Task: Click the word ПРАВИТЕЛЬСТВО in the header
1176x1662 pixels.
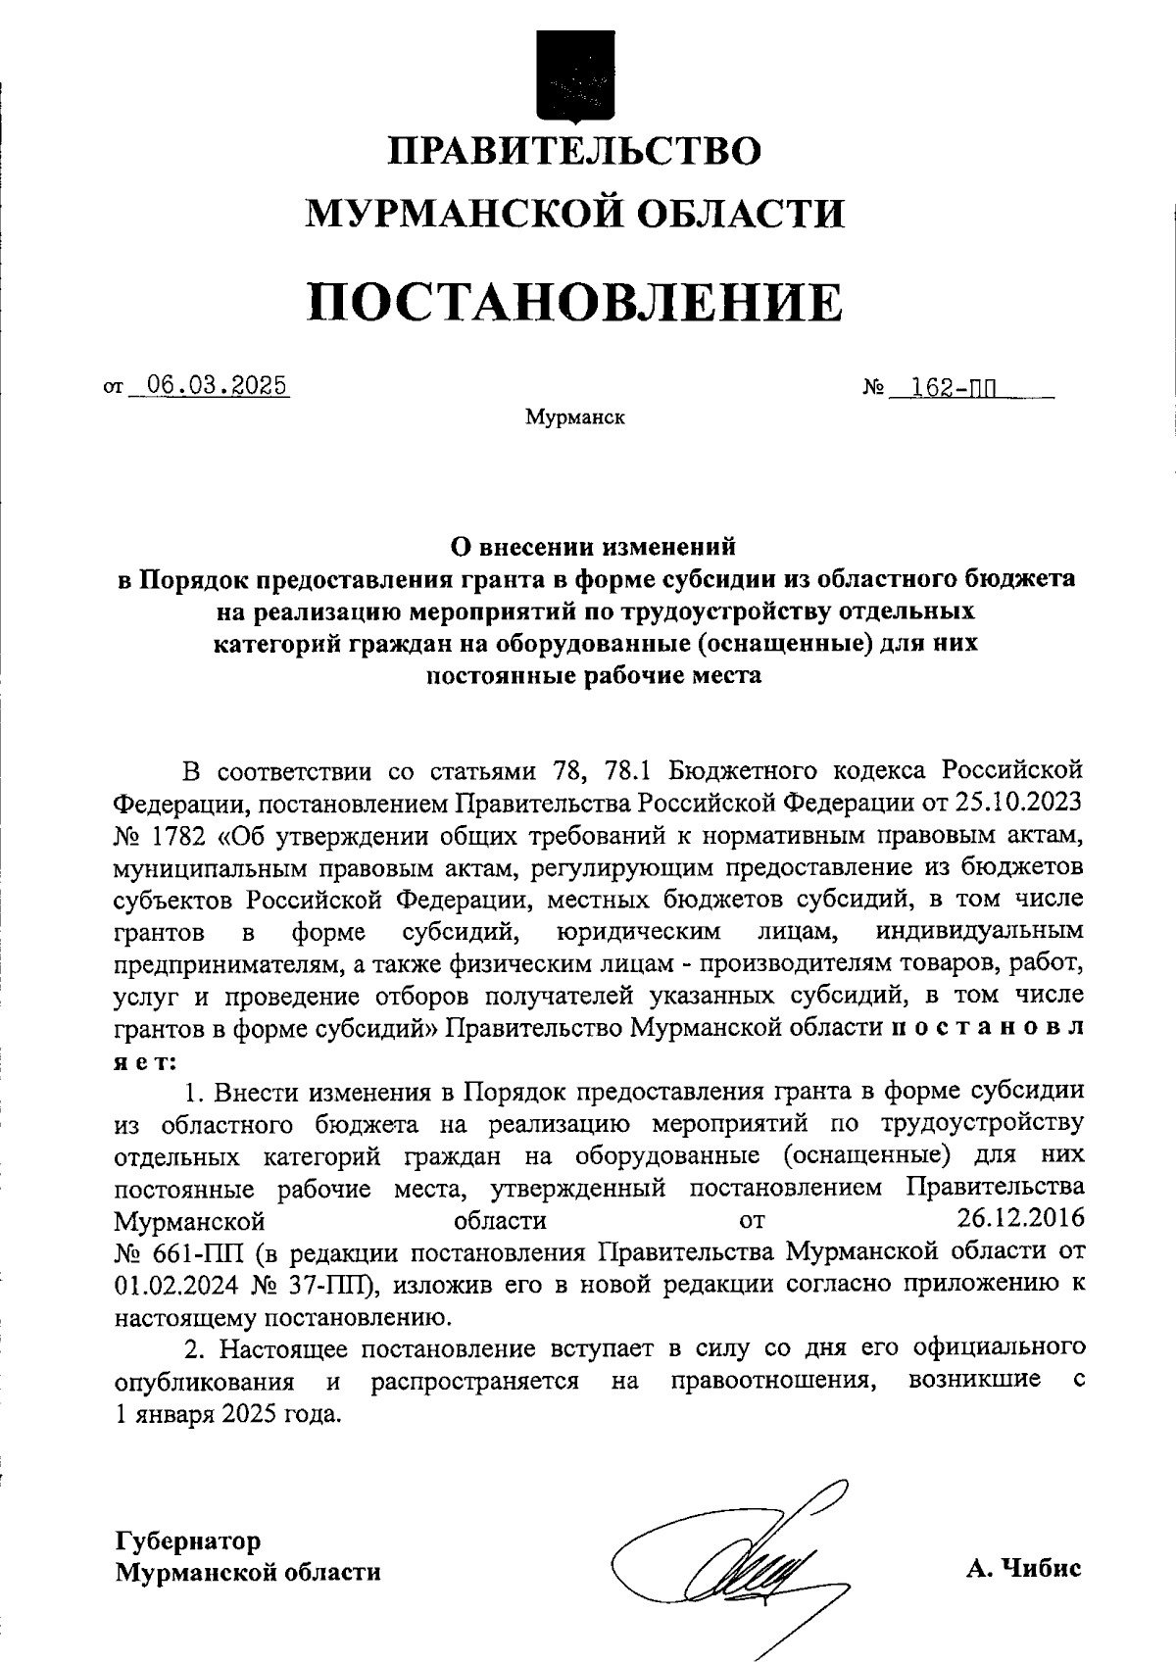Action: (x=575, y=152)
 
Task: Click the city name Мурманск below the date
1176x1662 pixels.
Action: (x=574, y=418)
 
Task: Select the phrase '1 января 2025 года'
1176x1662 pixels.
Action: (x=228, y=1414)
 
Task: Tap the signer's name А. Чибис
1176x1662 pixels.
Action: (x=1023, y=1568)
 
